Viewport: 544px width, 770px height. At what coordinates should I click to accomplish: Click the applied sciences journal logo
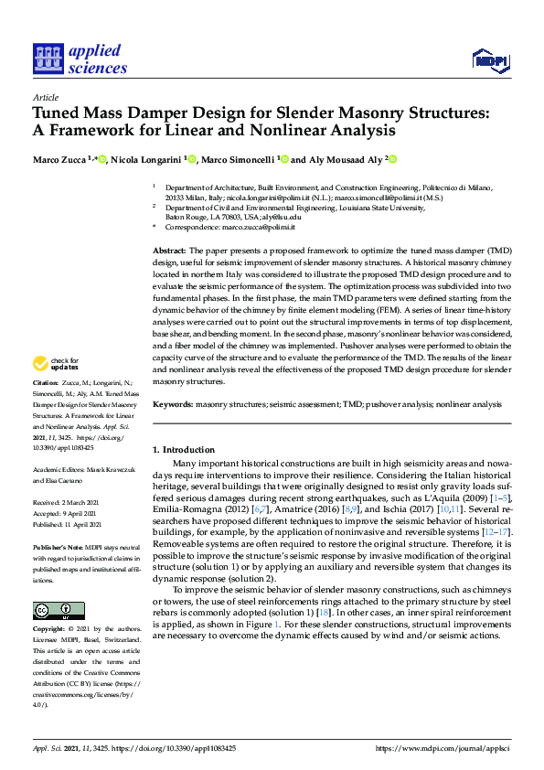coord(80,59)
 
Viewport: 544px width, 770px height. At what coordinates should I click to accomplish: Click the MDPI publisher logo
coord(490,60)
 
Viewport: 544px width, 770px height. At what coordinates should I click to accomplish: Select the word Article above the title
coord(45,97)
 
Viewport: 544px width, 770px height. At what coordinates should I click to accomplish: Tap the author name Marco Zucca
coord(61,159)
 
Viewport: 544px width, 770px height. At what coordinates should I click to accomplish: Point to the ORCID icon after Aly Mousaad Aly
coord(393,159)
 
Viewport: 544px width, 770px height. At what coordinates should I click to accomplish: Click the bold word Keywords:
coord(173,403)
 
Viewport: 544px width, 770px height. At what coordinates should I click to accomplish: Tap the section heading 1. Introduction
coord(183,450)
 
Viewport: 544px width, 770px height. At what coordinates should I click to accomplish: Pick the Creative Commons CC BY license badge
coord(59,610)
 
